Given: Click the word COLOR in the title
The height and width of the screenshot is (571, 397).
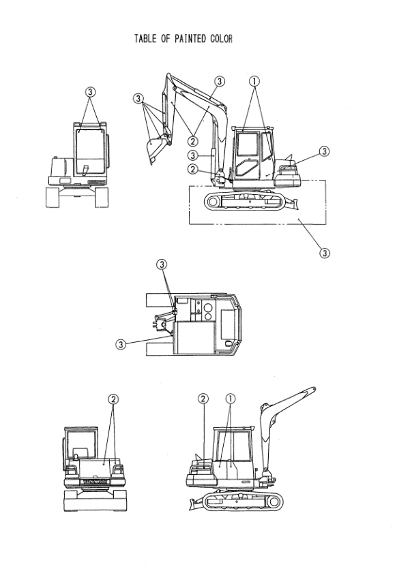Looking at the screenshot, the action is coord(221,39).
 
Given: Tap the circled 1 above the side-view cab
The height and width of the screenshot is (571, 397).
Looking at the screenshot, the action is coord(254,81).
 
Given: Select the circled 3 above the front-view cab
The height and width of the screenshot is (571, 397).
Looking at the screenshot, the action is coord(91,92).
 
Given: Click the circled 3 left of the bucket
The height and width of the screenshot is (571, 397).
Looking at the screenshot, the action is coord(138,98).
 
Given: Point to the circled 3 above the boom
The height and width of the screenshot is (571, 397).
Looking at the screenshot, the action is coord(220,81).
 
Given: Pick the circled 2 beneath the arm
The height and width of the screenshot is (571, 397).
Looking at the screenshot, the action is coord(192,140).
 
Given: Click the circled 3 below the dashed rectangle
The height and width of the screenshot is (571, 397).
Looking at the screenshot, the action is coord(325,252).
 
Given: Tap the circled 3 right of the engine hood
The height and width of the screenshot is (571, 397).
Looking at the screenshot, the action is coord(324,151).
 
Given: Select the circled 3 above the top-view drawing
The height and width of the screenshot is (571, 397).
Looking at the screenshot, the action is coord(162,264).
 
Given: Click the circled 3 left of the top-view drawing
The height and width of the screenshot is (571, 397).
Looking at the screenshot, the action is coord(121,344).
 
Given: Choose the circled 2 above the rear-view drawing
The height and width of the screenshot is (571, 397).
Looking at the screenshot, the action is coord(113,399).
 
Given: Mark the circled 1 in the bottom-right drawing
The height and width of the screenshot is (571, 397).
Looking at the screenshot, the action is coord(231,399).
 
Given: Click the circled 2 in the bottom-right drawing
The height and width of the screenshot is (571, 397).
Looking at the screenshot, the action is coord(203,399).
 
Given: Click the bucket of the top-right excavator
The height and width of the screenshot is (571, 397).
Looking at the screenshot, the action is coord(155,149).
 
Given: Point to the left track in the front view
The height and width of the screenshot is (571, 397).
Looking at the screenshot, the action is coord(52,197).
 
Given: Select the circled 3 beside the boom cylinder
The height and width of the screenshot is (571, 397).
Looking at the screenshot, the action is coord(193,155).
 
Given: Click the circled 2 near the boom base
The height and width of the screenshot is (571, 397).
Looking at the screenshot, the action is coord(193,169).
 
